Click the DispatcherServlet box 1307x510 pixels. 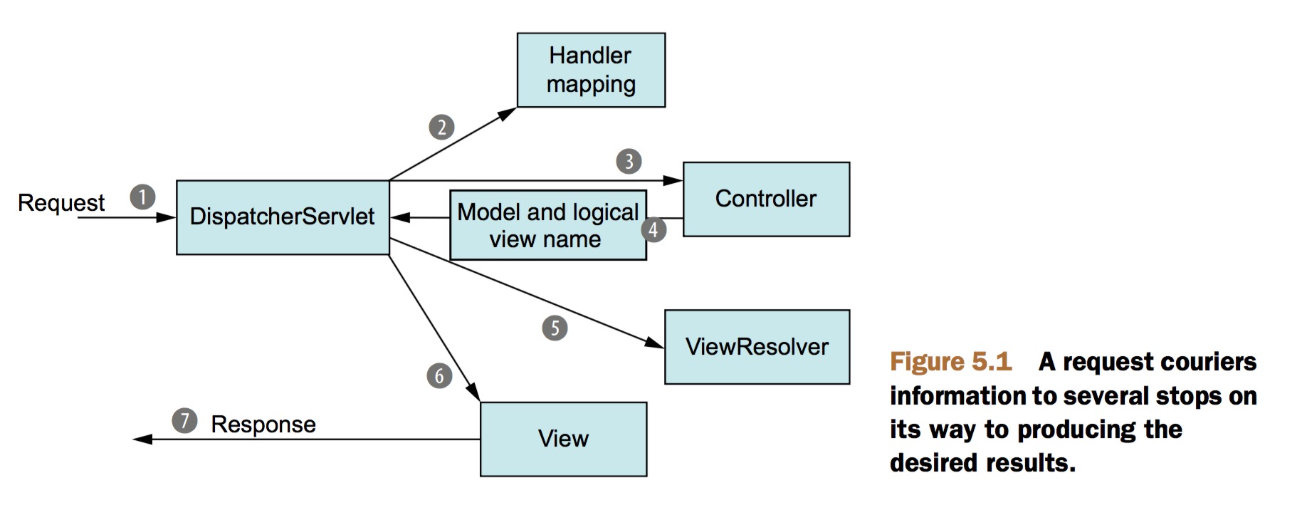click(283, 217)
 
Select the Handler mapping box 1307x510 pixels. click(591, 70)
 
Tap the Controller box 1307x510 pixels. click(766, 199)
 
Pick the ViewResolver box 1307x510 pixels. click(757, 347)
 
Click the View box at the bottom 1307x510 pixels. click(563, 439)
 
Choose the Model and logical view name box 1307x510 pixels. click(548, 225)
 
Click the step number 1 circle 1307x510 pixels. click(142, 197)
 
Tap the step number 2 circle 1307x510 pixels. click(441, 127)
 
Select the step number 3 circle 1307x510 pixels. click(629, 162)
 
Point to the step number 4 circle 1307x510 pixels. click(653, 229)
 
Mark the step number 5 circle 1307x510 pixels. click(555, 328)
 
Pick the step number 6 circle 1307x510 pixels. click(439, 375)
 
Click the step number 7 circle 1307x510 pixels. click(184, 420)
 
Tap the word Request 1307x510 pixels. click(61, 203)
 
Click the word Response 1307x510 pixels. click(263, 425)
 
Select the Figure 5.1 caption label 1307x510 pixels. click(950, 362)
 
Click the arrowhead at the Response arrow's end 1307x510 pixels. click(142, 439)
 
